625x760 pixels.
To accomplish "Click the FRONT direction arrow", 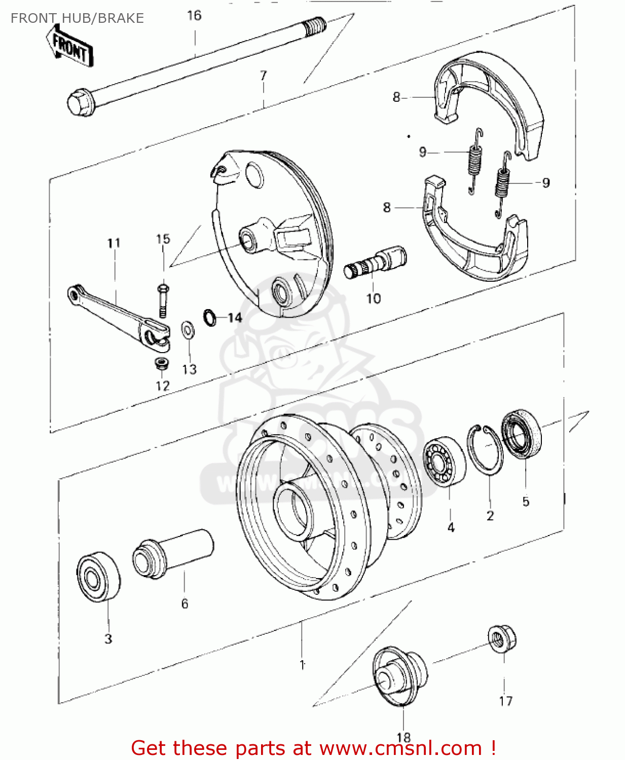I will (x=70, y=47).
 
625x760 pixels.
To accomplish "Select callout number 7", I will (x=263, y=75).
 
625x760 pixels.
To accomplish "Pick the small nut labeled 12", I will (x=161, y=363).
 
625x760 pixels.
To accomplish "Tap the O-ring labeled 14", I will (x=210, y=317).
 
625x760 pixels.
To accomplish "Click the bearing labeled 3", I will (x=98, y=578).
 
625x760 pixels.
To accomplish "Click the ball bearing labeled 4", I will (x=444, y=461).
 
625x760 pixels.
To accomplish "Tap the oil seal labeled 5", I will (x=521, y=435).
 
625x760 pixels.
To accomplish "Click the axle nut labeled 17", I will (x=502, y=639).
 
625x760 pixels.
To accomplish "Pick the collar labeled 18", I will (x=399, y=676).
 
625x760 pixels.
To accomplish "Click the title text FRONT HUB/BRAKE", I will (x=77, y=18).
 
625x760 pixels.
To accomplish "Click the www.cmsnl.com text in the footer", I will (x=400, y=748).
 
